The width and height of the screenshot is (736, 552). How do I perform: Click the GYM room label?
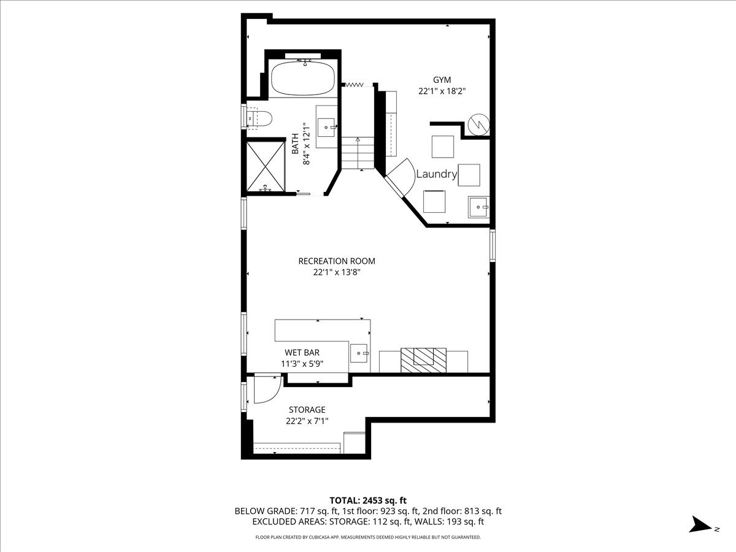442,80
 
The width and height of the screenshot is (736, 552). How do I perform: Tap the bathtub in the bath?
303,79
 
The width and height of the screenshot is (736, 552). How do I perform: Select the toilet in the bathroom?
259,117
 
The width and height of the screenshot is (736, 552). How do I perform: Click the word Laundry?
437,174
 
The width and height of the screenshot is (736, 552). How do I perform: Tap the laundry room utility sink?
478,207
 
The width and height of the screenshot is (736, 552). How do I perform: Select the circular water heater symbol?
478,125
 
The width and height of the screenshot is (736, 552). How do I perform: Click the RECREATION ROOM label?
336,261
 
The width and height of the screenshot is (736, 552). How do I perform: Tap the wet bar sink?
359,353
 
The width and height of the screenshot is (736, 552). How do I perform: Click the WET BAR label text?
302,353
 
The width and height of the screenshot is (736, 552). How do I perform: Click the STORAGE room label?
307,410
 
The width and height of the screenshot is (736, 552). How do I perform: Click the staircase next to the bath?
357,150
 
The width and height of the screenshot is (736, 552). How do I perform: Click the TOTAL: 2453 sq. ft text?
368,500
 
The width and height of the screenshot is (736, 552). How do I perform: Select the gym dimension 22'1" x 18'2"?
442,91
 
